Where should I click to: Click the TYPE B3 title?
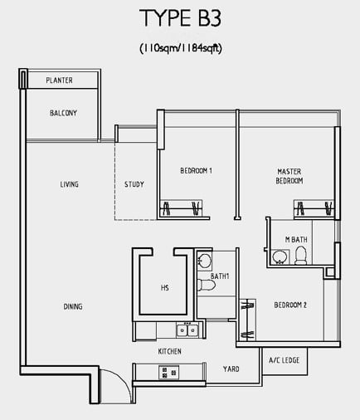coord(180,18)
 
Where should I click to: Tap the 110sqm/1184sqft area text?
coord(181,48)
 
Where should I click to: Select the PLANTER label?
coord(59,81)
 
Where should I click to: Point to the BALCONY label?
coord(63,113)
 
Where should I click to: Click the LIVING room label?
coord(70,184)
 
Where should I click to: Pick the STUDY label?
coord(134,184)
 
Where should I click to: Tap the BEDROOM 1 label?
coord(196,171)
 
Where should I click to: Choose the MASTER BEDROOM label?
coord(289,176)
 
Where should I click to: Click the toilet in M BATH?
coord(300,256)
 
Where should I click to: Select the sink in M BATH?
coord(280,257)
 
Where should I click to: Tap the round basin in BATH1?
coord(204,261)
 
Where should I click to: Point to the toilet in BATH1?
coord(206,286)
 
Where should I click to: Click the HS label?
coord(165,288)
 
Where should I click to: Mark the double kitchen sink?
coord(187,330)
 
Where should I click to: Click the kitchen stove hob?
coord(169,373)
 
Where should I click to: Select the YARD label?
coord(231,369)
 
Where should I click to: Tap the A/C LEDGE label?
coord(285,360)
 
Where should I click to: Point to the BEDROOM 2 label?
coord(290,305)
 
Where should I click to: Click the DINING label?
coord(73,306)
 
